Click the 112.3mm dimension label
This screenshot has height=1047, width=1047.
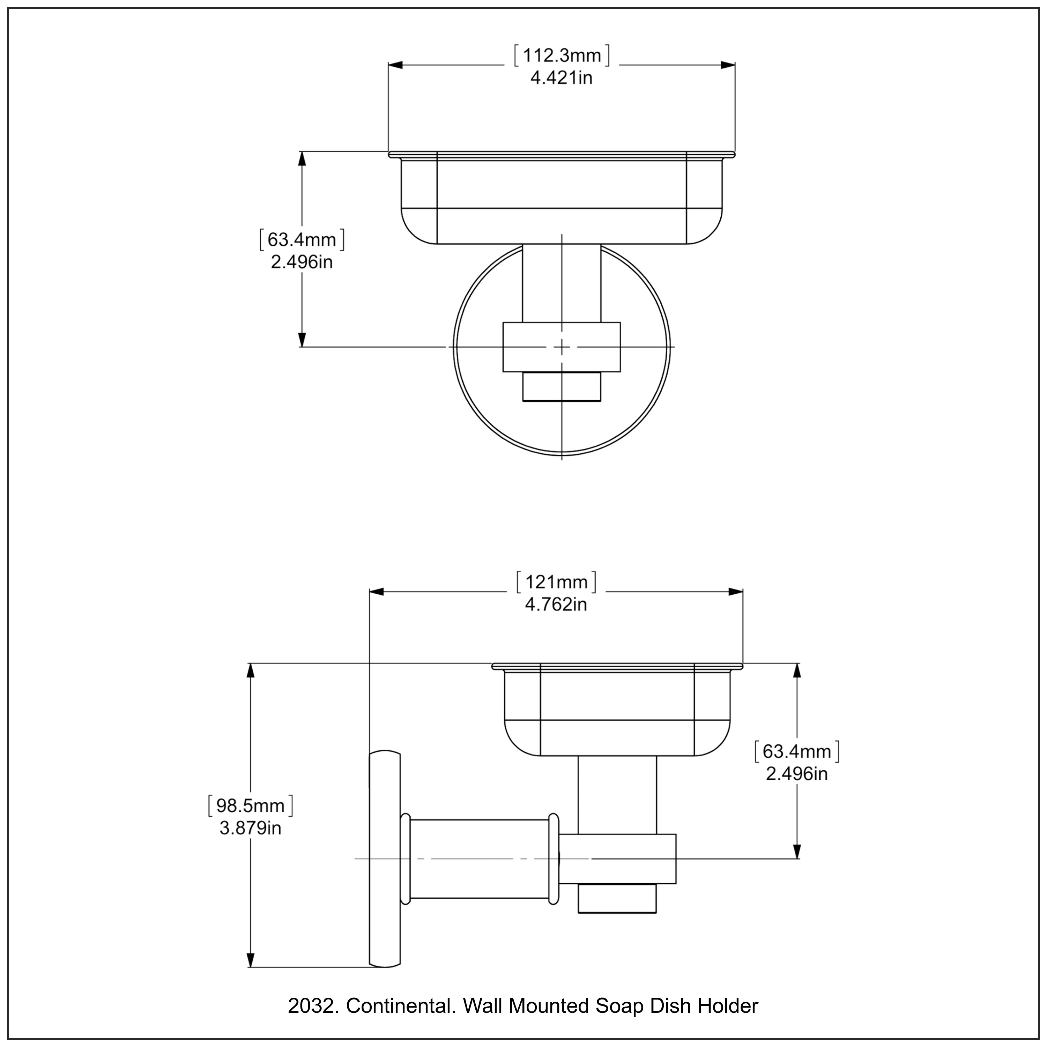click(562, 55)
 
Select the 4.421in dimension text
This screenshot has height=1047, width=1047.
click(562, 78)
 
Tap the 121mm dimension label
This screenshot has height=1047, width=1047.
click(556, 582)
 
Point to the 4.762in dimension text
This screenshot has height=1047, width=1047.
click(556, 604)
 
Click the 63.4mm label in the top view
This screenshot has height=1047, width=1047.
click(302, 239)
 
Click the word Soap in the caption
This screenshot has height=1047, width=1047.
click(619, 1006)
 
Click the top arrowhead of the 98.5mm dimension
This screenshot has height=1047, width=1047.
click(250, 671)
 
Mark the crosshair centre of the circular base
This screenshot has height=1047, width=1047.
click(562, 347)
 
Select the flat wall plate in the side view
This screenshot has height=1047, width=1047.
click(385, 859)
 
